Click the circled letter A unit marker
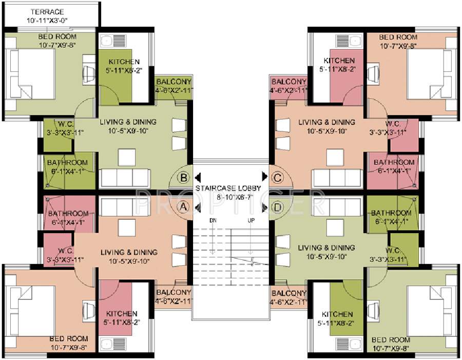click(182, 206)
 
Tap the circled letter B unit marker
click(182, 178)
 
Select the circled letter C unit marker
click(278, 178)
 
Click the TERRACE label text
click(47, 11)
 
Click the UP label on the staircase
click(251, 220)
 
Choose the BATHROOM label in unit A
click(68, 214)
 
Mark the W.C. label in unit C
click(393, 124)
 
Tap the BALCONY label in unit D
click(288, 293)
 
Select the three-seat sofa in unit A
click(125, 207)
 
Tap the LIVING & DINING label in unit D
click(326, 248)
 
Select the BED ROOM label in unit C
click(398, 37)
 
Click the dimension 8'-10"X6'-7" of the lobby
click(228, 196)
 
